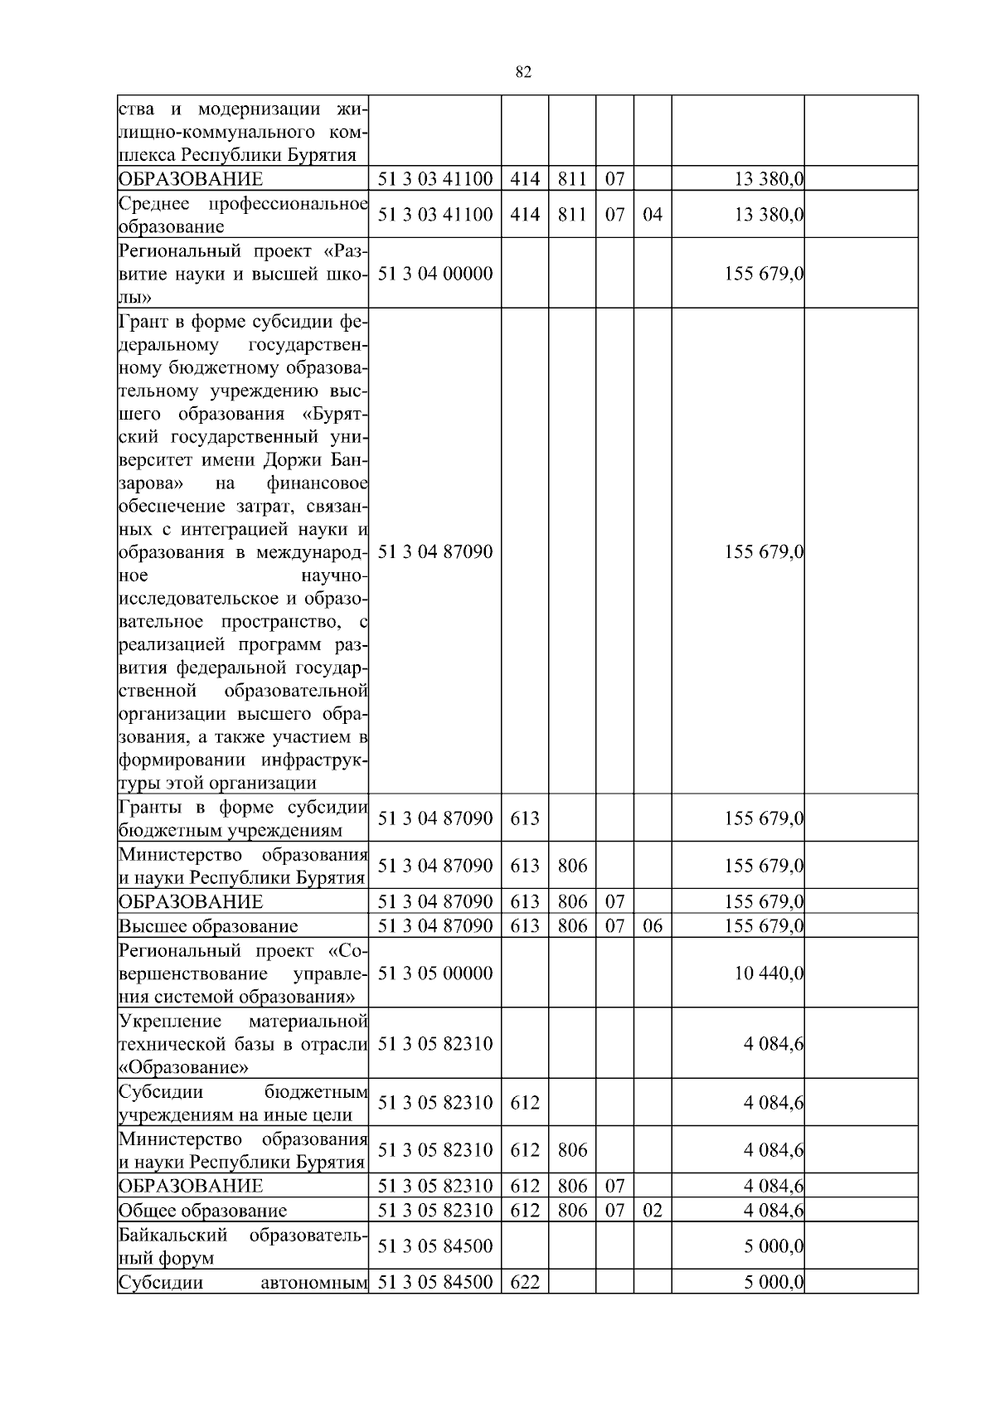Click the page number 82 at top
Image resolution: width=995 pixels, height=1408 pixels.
tap(523, 72)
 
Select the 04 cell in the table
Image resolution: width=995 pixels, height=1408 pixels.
tap(653, 215)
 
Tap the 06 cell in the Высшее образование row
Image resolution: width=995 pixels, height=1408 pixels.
tap(653, 926)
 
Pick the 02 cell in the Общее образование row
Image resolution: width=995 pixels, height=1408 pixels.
tap(653, 1210)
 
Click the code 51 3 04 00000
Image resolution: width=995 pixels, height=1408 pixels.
tap(435, 274)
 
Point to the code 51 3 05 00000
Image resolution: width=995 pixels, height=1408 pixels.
tap(435, 973)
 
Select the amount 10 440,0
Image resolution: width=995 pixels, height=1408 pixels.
tap(769, 973)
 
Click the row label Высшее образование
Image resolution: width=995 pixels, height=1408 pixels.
tap(208, 926)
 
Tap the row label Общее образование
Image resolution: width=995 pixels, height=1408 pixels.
tap(202, 1211)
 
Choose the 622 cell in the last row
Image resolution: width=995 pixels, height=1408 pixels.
tap(524, 1282)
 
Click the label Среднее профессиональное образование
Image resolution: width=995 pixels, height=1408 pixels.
tap(243, 215)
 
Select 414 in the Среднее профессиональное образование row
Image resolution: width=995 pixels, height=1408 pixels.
tap(524, 215)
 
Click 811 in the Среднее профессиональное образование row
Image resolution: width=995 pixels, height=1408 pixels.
tap(572, 215)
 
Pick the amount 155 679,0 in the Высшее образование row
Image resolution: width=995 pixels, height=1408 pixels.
tap(764, 926)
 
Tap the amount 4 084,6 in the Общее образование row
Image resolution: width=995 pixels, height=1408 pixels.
tap(774, 1210)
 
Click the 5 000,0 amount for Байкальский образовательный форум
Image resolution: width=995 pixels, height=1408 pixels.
tap(774, 1246)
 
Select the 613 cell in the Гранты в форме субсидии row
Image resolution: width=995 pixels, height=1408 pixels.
tap(524, 818)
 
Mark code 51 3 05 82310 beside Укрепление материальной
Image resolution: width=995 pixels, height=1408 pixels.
tap(435, 1043)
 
